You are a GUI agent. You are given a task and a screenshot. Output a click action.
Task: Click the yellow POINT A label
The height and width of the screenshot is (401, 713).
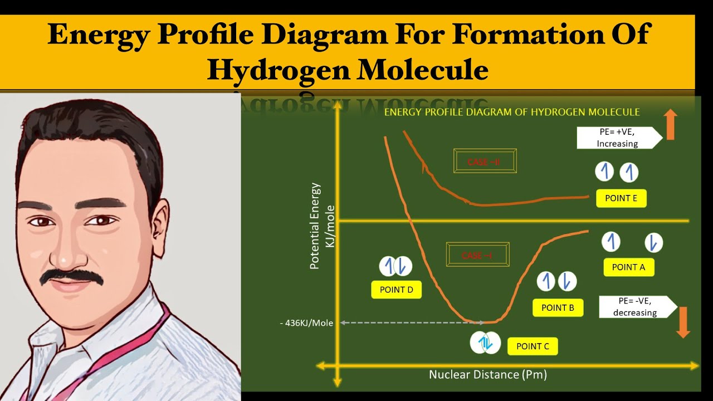628,267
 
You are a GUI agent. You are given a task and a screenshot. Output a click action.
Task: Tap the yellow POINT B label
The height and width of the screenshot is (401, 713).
558,308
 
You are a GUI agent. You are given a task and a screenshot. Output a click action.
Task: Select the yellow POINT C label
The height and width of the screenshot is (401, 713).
533,346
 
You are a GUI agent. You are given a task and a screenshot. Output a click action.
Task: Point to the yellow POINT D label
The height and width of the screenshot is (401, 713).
396,290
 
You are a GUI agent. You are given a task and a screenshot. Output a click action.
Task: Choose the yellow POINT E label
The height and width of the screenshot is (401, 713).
621,198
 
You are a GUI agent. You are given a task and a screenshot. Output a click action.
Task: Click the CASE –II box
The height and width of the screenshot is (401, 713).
485,162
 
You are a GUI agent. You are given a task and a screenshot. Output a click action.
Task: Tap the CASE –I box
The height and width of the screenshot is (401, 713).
477,256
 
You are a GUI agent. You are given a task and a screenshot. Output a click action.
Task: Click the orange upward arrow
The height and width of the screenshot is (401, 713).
671,124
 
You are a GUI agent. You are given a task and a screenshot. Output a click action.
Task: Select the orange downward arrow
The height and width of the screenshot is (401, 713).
683,321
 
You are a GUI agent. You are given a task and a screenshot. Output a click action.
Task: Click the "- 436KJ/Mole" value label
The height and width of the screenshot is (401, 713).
306,323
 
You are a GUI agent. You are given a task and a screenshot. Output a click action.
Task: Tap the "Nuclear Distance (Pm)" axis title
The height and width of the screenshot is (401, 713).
488,375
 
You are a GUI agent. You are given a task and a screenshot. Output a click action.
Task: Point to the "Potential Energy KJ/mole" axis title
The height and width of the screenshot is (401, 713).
323,226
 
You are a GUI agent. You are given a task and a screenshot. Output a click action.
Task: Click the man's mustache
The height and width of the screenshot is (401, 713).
72,276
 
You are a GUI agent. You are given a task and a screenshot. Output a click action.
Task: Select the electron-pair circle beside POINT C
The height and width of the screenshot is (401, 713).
485,343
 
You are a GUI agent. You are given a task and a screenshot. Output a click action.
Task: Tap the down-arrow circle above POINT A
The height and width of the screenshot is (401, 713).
654,243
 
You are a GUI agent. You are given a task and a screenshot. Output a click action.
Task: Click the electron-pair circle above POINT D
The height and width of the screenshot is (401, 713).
395,266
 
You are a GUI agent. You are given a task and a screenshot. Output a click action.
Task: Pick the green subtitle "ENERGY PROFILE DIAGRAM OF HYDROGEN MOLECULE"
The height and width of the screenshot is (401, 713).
512,112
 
